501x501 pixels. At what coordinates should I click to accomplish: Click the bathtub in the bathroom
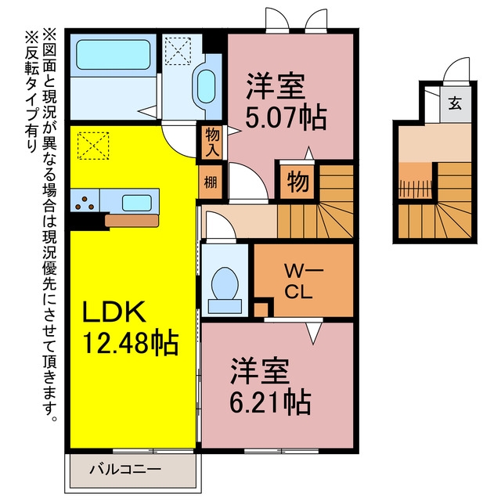click(x=113, y=55)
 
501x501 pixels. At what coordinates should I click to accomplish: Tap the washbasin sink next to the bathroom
click(x=206, y=86)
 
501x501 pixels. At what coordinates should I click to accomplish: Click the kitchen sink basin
click(x=137, y=203)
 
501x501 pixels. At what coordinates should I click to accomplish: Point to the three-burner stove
click(x=85, y=204)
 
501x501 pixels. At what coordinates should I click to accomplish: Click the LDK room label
click(x=114, y=312)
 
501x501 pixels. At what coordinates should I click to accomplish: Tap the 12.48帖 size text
click(x=131, y=343)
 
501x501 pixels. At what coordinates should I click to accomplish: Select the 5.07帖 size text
click(x=286, y=117)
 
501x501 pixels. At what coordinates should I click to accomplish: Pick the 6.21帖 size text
click(x=270, y=402)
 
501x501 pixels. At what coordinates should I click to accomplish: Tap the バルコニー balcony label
click(x=125, y=470)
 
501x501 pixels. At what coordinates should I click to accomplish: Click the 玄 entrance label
click(x=455, y=103)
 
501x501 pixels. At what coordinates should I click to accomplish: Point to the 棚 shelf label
click(x=211, y=182)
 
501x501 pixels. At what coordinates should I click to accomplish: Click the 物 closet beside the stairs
click(x=297, y=182)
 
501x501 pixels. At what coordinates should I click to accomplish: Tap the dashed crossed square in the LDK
click(x=93, y=146)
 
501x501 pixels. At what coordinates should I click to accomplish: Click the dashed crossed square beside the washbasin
click(x=178, y=51)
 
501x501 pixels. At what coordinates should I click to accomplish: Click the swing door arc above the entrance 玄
click(x=453, y=66)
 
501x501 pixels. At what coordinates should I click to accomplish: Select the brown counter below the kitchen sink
click(x=132, y=221)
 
